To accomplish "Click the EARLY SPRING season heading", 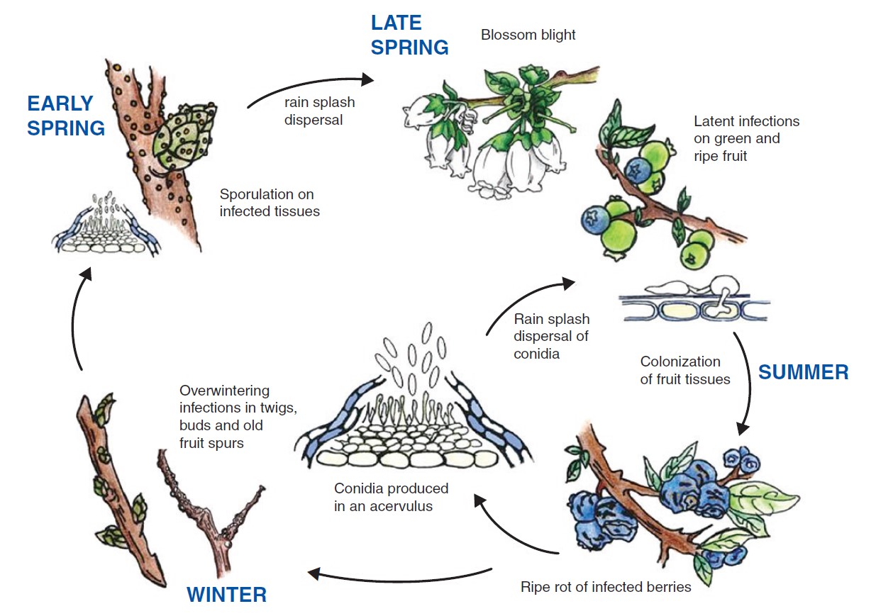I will click(66, 116).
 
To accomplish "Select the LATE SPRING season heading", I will click(409, 35).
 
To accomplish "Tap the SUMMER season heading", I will click(803, 372).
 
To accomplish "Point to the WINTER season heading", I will click(226, 594).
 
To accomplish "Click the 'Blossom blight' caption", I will click(528, 35).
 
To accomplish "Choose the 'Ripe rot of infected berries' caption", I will click(605, 587).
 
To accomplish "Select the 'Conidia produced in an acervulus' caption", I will click(391, 498).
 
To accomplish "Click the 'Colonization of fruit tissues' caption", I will click(684, 371).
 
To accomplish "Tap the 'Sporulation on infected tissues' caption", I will click(270, 203).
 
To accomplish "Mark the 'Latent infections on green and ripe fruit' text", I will click(746, 138).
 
